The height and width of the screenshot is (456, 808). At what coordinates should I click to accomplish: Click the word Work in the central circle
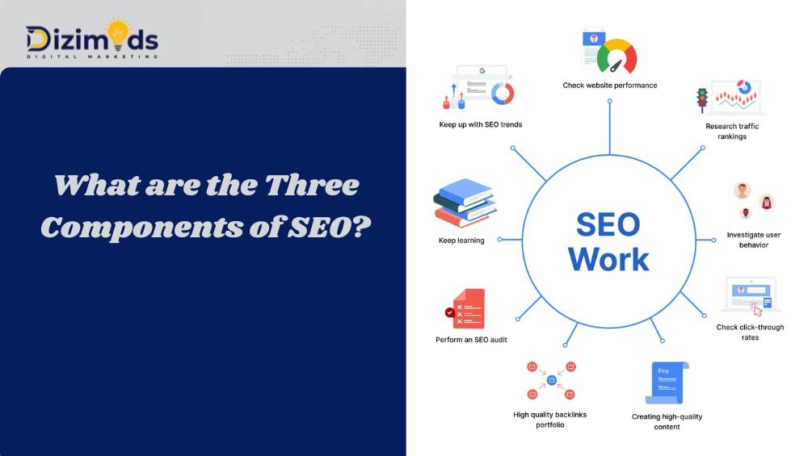[x=608, y=258]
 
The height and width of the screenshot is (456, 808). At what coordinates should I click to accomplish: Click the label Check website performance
[x=610, y=85]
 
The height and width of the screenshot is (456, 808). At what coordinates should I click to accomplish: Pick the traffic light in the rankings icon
[x=702, y=98]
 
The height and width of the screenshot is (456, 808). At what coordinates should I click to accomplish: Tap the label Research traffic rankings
[x=732, y=131]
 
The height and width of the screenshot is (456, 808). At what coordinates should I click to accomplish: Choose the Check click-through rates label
[x=750, y=332]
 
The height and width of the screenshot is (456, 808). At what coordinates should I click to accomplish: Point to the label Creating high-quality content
[x=667, y=421]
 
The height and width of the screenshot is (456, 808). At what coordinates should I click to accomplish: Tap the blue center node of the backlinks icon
[x=552, y=379]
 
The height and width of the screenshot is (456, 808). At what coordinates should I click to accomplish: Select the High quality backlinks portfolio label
[x=549, y=420]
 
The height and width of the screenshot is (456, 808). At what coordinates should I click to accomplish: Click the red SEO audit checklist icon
[x=469, y=308]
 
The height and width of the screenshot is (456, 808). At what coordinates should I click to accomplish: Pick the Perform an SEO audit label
[x=471, y=340]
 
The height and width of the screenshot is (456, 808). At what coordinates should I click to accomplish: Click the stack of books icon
[x=464, y=204]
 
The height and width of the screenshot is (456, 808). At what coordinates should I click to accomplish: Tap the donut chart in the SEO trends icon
[x=503, y=93]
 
